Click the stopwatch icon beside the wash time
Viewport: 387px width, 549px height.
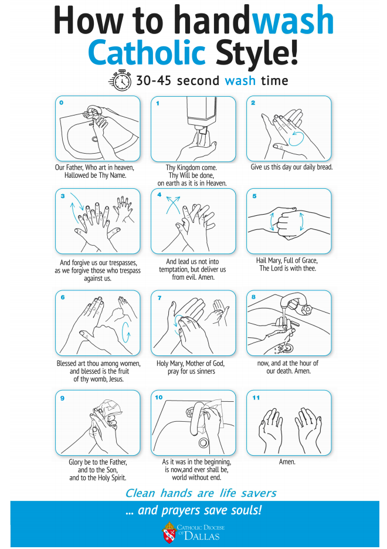click(x=121, y=80)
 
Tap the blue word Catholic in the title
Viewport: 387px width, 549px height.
click(x=147, y=53)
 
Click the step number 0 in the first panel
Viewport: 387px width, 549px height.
click(x=62, y=103)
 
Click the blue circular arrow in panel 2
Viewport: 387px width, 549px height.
click(x=296, y=139)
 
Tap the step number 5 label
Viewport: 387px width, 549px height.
click(x=254, y=196)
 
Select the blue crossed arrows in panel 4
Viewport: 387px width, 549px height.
click(x=173, y=205)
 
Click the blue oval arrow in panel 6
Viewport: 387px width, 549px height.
click(x=126, y=333)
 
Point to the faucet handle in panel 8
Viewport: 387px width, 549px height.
click(x=307, y=310)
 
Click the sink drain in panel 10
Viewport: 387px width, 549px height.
click(x=203, y=443)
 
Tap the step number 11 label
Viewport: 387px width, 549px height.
click(x=256, y=398)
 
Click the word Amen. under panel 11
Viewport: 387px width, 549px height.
click(x=287, y=462)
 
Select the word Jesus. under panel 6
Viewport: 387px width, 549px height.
click(x=115, y=379)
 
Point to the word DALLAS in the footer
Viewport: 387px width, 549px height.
click(x=202, y=536)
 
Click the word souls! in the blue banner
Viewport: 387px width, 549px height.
click(x=246, y=510)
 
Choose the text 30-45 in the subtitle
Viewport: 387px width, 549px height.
click(x=154, y=80)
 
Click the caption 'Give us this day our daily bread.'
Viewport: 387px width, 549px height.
click(x=291, y=167)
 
